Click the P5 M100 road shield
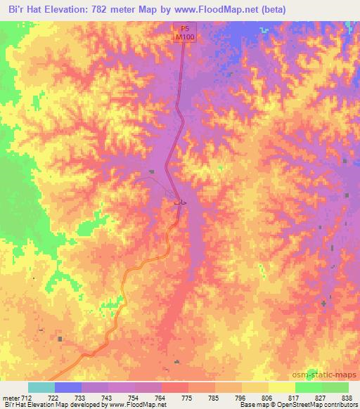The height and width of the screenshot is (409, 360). (x=184, y=32)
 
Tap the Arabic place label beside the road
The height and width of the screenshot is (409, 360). (x=180, y=202)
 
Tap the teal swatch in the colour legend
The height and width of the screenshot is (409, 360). (x=41, y=388)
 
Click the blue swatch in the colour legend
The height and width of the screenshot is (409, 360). (x=68, y=388)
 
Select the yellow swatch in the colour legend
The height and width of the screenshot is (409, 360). (x=281, y=388)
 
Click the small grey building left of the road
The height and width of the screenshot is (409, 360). (x=151, y=172)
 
